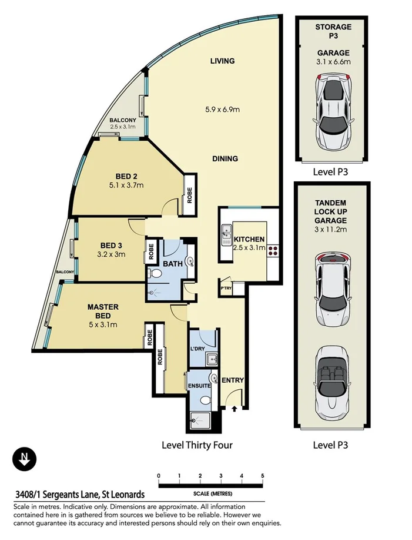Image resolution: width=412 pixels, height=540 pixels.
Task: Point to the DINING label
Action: (225, 158)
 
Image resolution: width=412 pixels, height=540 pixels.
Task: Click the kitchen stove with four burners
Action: (273, 249)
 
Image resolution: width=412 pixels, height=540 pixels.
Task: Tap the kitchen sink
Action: (226, 235)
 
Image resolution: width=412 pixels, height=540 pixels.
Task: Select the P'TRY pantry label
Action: (226, 289)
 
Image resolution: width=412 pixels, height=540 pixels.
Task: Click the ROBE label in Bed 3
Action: (151, 251)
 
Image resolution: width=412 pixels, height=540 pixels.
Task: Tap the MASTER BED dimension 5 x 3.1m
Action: (103, 324)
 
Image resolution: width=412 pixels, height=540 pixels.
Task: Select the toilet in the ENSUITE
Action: (205, 399)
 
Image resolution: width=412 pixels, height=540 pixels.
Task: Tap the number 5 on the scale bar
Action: (263, 476)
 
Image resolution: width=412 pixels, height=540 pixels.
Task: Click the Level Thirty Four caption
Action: (197, 445)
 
